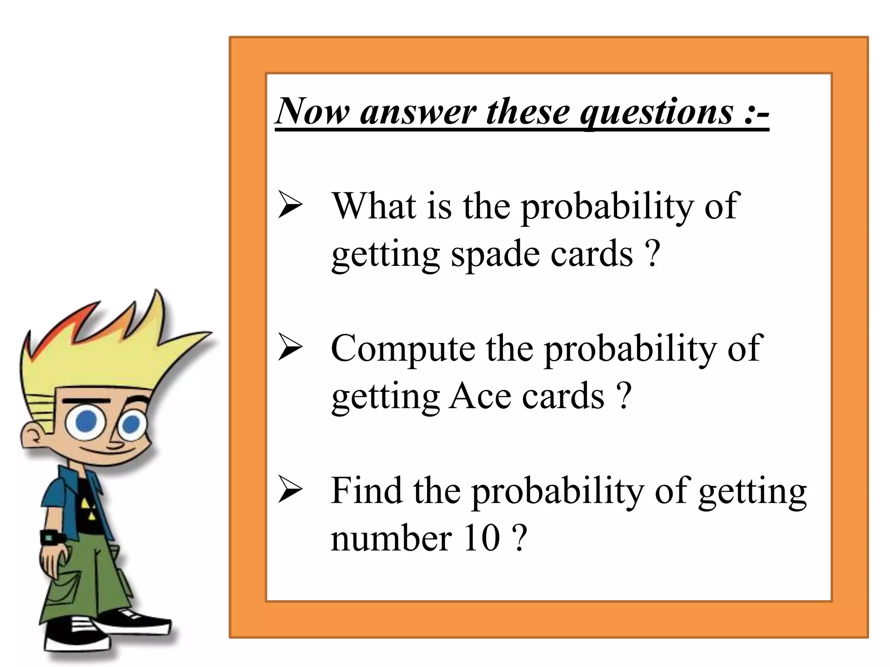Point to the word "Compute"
coord(403,349)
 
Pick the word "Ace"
coord(480,396)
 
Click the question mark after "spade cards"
coord(653,254)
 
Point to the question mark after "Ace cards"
coord(624,396)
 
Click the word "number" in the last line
coord(391,538)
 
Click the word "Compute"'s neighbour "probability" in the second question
coord(630,349)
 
